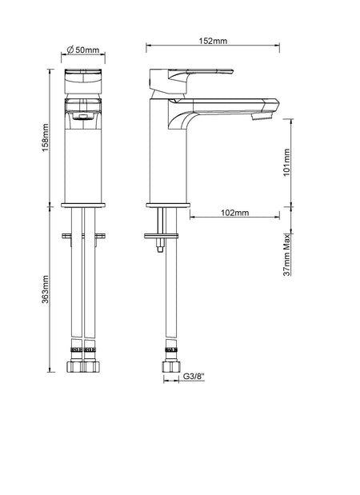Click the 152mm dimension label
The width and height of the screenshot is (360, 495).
tap(213, 41)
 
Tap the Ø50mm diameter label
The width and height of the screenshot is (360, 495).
tap(83, 50)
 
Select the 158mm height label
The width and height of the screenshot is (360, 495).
tap(46, 138)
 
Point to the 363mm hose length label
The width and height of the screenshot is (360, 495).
tap(46, 289)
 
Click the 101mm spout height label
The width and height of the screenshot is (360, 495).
tap(286, 162)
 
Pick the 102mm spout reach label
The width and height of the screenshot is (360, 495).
tap(234, 213)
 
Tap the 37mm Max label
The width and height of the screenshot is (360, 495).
tap(286, 255)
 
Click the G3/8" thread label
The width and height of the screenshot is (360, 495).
tap(194, 377)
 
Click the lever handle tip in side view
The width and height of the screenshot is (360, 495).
tap(232, 72)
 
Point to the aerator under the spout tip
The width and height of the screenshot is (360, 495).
tap(262, 117)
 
